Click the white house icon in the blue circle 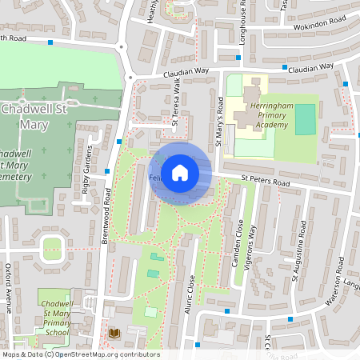(180, 172)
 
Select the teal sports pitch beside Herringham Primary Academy (305, 119)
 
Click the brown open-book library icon (113, 332)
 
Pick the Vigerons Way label (254, 249)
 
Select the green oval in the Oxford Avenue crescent (53, 250)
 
